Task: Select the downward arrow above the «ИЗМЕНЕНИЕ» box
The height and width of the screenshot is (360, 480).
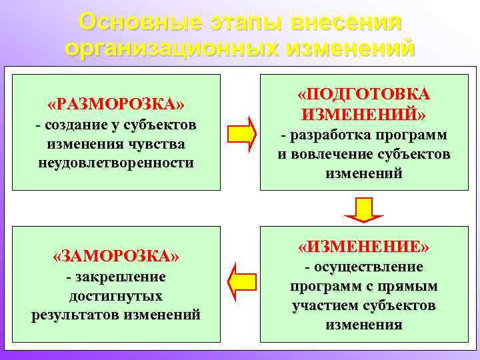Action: click(363, 209)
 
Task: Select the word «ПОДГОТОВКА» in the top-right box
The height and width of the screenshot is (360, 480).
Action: click(363, 93)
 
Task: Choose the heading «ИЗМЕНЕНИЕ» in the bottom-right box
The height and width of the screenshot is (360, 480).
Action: click(363, 247)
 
